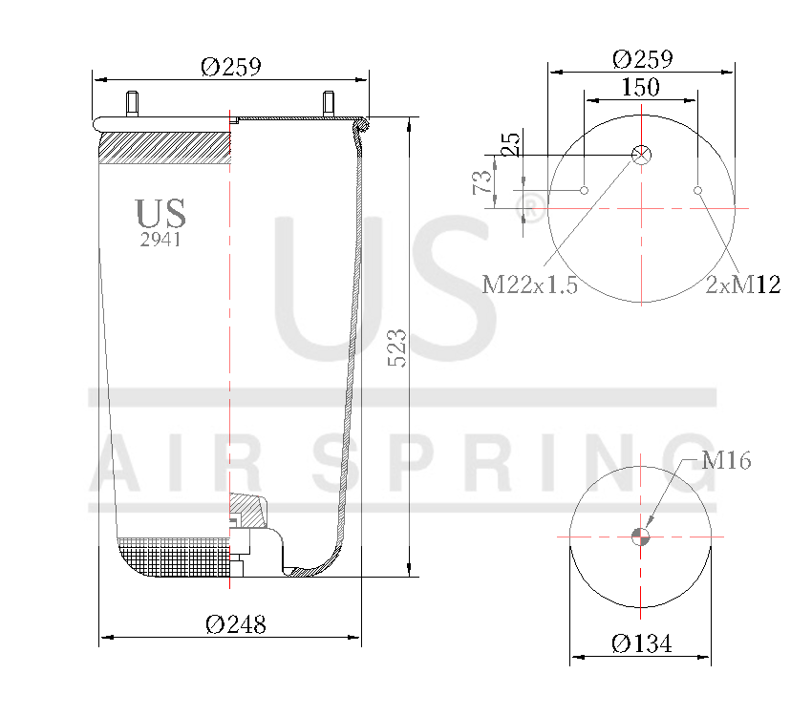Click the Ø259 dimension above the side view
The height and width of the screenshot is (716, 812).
pos(230,67)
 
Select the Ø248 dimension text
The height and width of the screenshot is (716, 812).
pos(236,624)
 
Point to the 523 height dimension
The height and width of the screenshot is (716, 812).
pos(397,347)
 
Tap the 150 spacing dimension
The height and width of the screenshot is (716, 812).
pos(640,88)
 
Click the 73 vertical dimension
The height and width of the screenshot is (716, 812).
pos(482,181)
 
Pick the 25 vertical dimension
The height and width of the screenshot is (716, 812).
pos(512,144)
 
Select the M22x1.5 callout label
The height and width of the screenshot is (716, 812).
pos(529,284)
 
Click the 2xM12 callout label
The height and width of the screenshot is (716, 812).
pos(742,284)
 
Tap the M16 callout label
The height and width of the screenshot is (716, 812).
pos(725,461)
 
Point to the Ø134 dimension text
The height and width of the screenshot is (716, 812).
pos(641,644)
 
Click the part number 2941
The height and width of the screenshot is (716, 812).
pos(160,241)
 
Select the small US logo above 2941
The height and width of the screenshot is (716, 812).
pos(160,213)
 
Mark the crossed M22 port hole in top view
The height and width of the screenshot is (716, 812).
pos(642,155)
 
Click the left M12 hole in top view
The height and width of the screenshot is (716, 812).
pos(584,191)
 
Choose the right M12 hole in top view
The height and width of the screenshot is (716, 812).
pos(698,191)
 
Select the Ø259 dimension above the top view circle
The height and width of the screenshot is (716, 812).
pos(641,59)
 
